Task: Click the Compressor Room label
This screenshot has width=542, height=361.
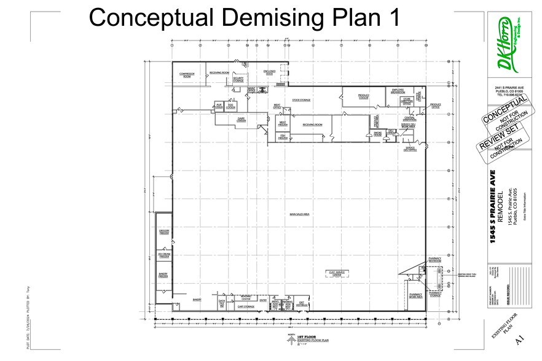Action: tap(187, 76)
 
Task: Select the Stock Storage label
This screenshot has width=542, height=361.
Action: tap(301, 99)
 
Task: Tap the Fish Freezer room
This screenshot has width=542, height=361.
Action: tap(283, 137)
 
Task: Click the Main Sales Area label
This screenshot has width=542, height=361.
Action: tap(299, 214)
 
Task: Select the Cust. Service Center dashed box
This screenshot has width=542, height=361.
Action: tap(337, 274)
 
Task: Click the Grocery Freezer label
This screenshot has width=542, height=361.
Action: tap(163, 232)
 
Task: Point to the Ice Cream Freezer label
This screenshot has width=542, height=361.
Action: tap(163, 254)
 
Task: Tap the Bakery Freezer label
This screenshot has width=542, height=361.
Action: tap(163, 276)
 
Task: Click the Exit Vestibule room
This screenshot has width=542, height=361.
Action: tap(302, 304)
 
